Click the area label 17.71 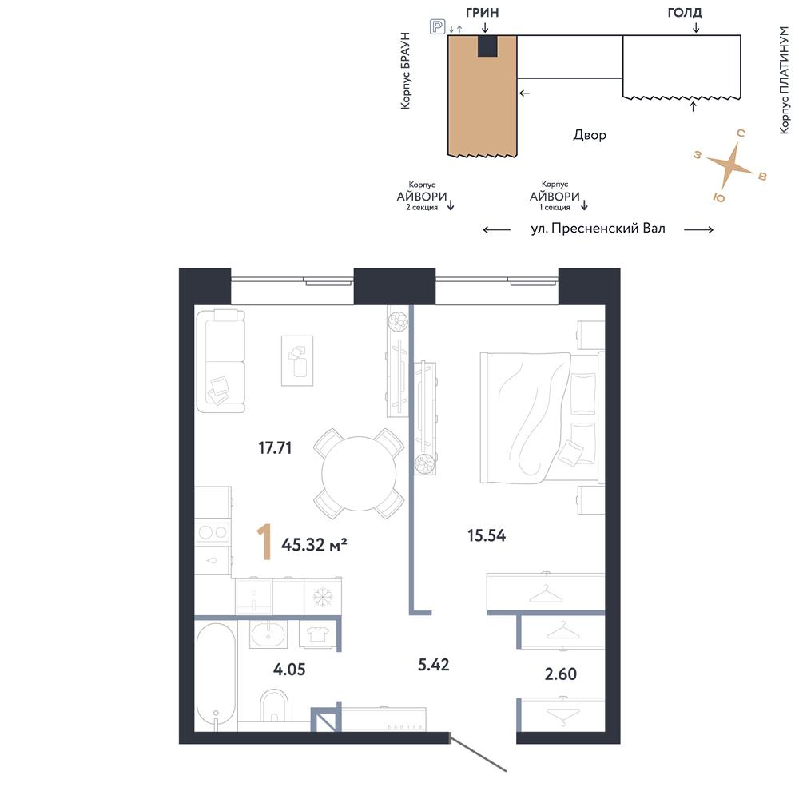tap(275, 448)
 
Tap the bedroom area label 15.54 tap(487, 535)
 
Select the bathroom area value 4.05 tap(289, 669)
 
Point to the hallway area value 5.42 tap(434, 665)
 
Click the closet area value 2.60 tap(561, 674)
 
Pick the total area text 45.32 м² tap(314, 545)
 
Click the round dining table tap(359, 473)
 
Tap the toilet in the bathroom tap(274, 706)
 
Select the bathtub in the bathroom tap(216, 676)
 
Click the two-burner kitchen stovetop tap(213, 532)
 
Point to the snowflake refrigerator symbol tap(322, 596)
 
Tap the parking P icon tap(438, 26)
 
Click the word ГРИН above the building tap(482, 13)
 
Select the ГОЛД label tap(685, 13)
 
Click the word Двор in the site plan tap(590, 135)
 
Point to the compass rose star tap(729, 164)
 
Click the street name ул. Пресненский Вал tap(598, 229)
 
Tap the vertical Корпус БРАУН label tap(405, 70)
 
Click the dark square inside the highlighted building tap(487, 46)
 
